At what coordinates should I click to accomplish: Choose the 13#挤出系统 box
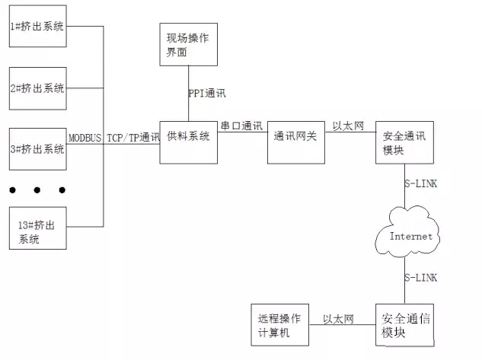pyautogui.click(x=37, y=227)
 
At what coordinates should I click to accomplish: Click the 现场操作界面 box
pyautogui.click(x=189, y=44)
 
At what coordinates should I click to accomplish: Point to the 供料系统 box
pyautogui.click(x=189, y=140)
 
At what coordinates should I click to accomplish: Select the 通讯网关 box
pyautogui.click(x=296, y=140)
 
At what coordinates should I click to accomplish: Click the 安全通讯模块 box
pyautogui.click(x=405, y=140)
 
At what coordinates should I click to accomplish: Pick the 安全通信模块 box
pyautogui.click(x=405, y=326)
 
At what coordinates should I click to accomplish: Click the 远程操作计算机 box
pyautogui.click(x=280, y=325)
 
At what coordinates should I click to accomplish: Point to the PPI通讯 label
pyautogui.click(x=207, y=94)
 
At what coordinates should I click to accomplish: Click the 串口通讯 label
pyautogui.click(x=241, y=125)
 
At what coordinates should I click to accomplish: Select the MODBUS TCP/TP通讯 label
pyautogui.click(x=114, y=138)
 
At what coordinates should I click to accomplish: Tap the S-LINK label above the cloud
pyautogui.click(x=420, y=184)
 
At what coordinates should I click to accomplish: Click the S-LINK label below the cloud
pyautogui.click(x=420, y=279)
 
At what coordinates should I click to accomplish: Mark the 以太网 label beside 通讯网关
pyautogui.click(x=348, y=125)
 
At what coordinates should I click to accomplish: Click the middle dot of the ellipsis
pyautogui.click(x=38, y=190)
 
